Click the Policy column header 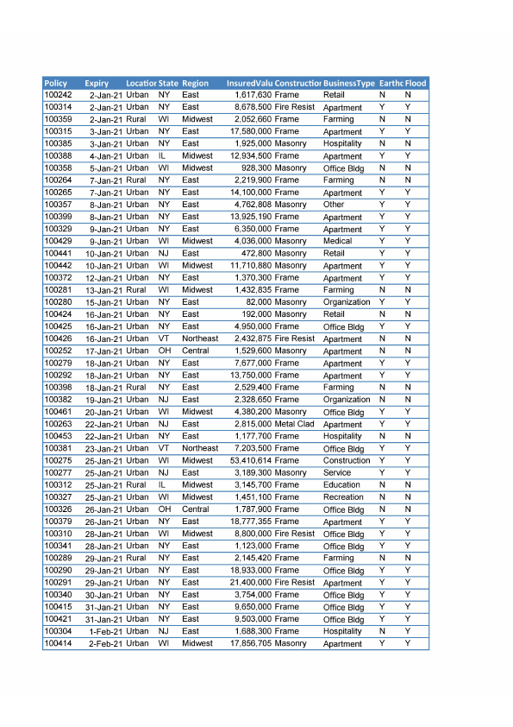pyautogui.click(x=56, y=83)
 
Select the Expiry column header pyautogui.click(x=97, y=83)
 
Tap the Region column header pyautogui.click(x=196, y=83)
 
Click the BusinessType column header pyautogui.click(x=349, y=83)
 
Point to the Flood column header pyautogui.click(x=416, y=83)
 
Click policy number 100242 pyautogui.click(x=58, y=95)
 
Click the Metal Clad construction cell pyautogui.click(x=294, y=425)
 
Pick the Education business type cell pyautogui.click(x=341, y=485)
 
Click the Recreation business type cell pyautogui.click(x=343, y=497)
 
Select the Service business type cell pyautogui.click(x=337, y=473)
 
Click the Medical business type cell pyautogui.click(x=337, y=242)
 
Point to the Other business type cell pyautogui.click(x=334, y=205)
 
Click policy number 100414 pyautogui.click(x=58, y=644)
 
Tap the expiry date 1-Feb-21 pyautogui.click(x=106, y=632)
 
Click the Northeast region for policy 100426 pyautogui.click(x=200, y=339)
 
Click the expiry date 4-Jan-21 pyautogui.click(x=106, y=156)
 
